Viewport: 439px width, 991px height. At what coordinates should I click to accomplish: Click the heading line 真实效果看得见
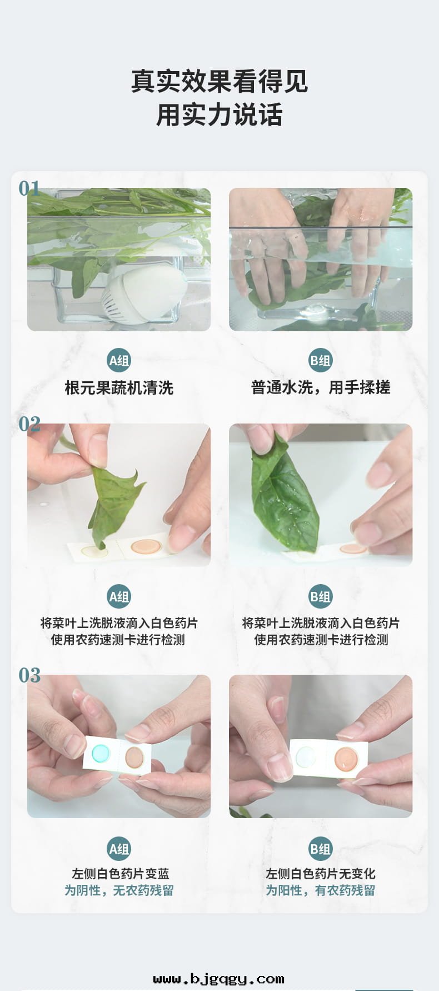click(219, 81)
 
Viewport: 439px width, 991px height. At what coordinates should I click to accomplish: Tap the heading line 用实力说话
click(219, 115)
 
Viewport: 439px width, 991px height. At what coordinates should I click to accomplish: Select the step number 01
click(29, 188)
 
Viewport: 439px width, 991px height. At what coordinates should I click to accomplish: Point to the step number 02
click(29, 425)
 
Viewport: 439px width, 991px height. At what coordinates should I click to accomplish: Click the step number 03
click(29, 675)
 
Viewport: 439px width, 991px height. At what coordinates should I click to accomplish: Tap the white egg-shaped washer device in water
click(144, 295)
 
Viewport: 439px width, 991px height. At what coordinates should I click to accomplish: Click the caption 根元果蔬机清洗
click(119, 387)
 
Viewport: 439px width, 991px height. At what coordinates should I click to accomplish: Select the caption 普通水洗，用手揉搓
click(321, 387)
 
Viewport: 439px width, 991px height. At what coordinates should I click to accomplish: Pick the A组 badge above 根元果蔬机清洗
click(119, 361)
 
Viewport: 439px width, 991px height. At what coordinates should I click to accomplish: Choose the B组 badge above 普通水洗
click(321, 361)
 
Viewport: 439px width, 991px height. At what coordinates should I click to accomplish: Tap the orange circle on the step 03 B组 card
click(345, 759)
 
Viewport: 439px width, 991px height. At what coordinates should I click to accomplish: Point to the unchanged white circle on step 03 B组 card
click(306, 756)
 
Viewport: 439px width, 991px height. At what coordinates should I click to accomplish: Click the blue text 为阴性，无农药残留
click(119, 890)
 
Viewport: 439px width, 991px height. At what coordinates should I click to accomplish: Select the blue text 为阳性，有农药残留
click(321, 890)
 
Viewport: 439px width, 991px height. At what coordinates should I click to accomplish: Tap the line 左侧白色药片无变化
click(321, 874)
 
